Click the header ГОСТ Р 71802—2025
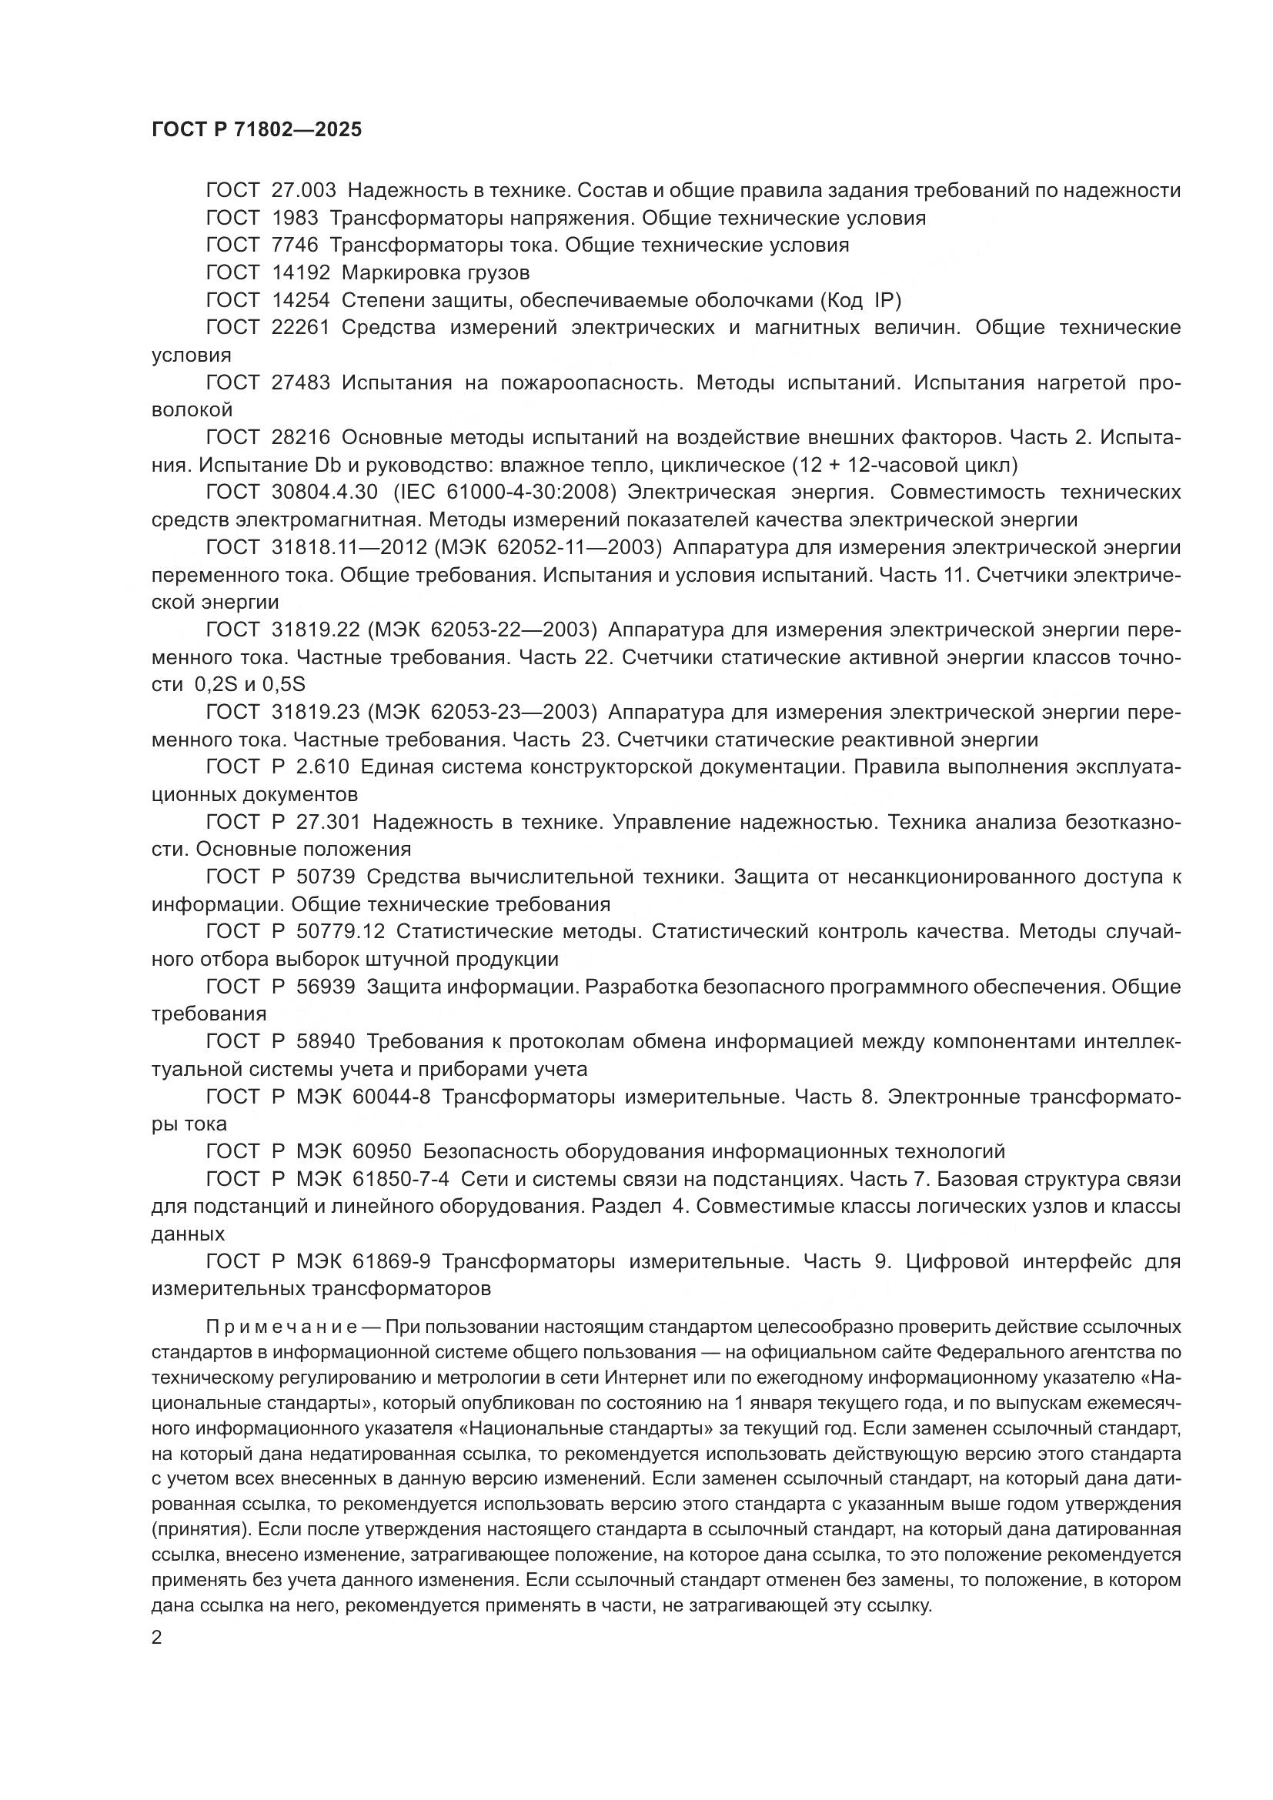pos(256,130)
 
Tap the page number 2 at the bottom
pos(157,1638)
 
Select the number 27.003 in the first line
pos(303,191)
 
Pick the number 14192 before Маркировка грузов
pos(300,273)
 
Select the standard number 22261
pos(300,328)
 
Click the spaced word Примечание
pos(282,1327)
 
